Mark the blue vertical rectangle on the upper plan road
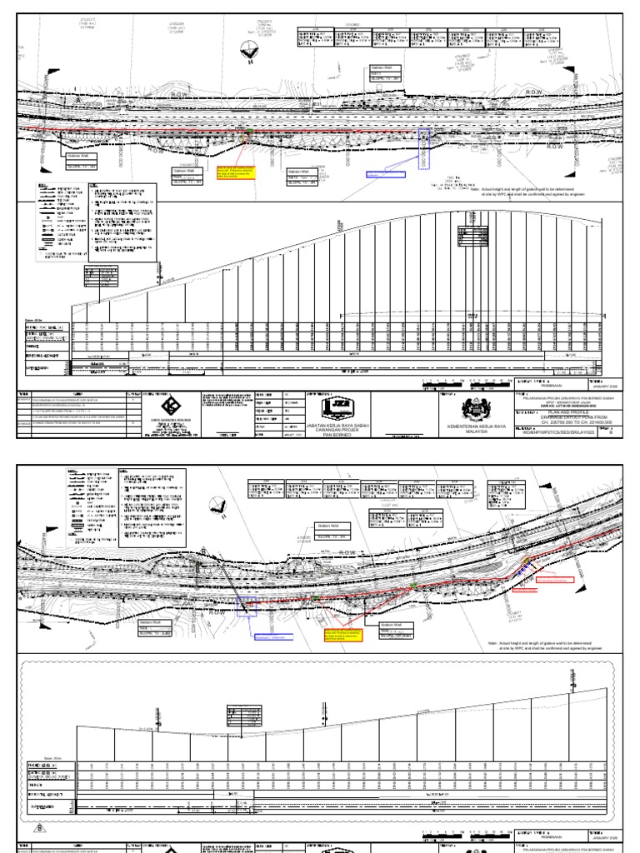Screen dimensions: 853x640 tap(425, 148)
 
